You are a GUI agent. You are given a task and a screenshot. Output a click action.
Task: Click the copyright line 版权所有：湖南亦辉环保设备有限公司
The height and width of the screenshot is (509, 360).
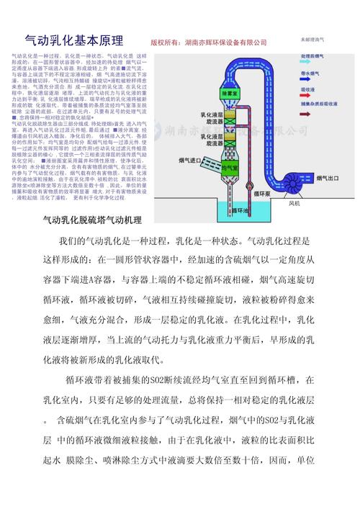click(209, 43)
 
